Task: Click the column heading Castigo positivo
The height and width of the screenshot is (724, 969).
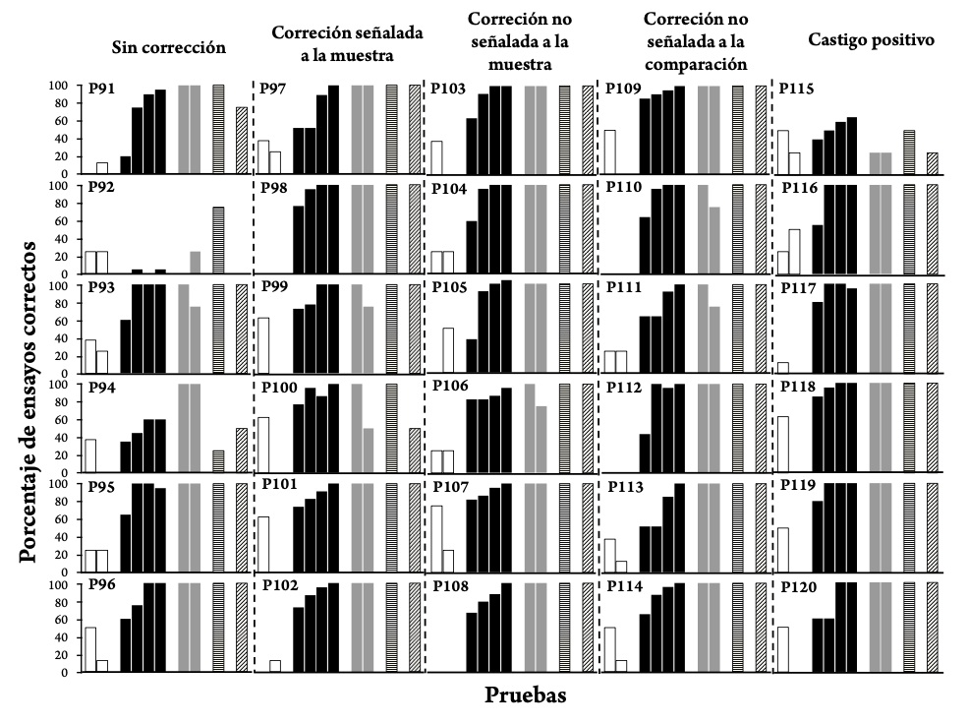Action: click(x=857, y=40)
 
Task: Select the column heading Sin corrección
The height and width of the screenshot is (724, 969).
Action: click(x=169, y=46)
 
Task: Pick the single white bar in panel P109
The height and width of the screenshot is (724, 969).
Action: click(x=609, y=152)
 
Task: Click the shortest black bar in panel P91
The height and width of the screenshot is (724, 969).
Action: click(x=125, y=165)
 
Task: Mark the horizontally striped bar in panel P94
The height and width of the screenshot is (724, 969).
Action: click(x=218, y=461)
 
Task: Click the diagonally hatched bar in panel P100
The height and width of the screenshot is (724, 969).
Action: click(x=414, y=451)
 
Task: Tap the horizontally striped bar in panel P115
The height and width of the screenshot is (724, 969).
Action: click(x=909, y=152)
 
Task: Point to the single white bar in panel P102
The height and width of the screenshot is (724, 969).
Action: click(x=275, y=666)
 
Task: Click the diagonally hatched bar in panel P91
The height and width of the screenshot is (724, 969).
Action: click(x=241, y=141)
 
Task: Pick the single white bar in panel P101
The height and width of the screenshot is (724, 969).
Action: click(x=263, y=544)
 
